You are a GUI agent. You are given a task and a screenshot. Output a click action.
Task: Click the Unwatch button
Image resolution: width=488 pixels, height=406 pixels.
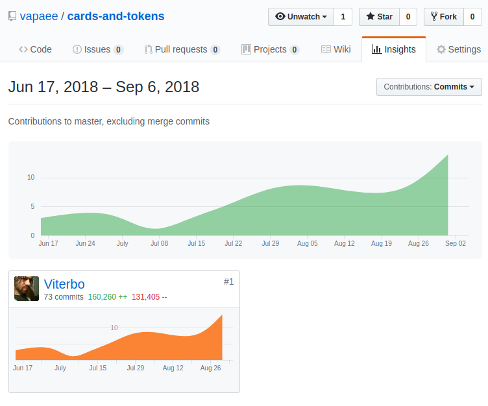301,17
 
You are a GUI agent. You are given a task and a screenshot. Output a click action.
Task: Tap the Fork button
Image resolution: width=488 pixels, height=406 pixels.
443,17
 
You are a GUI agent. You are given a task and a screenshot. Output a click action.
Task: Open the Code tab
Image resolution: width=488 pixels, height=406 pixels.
35,49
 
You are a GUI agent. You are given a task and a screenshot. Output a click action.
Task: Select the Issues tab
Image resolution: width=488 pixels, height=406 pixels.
97,49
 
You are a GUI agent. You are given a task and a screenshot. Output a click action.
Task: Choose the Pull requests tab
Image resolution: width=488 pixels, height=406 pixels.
182,49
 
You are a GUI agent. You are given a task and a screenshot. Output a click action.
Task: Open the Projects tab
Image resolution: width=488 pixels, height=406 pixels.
270,49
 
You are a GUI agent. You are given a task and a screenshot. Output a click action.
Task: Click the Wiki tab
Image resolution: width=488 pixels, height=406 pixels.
335,49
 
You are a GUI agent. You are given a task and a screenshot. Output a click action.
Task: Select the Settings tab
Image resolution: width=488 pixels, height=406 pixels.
458,49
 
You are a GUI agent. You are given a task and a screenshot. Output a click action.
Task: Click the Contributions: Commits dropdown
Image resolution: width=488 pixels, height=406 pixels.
429,87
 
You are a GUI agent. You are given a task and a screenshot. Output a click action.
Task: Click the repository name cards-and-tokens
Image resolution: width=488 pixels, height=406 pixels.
116,16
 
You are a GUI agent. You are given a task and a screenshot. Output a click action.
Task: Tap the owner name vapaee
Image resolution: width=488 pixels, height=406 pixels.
39,16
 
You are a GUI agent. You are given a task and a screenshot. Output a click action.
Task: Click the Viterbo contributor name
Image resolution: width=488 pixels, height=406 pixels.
64,284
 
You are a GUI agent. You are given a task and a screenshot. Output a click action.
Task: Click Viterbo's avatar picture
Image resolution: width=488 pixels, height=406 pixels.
27,289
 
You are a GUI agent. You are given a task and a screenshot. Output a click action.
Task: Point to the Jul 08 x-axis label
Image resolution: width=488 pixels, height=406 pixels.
159,244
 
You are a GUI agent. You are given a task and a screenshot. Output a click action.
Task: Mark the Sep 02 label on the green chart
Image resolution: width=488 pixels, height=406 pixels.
456,244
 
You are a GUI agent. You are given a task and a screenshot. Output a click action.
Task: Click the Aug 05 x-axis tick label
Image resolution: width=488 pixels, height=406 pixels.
308,244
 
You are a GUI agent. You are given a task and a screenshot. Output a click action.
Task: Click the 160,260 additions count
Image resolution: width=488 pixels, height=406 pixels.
108,297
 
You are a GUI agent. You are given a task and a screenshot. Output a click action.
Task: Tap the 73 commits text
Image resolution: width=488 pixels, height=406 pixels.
64,297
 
